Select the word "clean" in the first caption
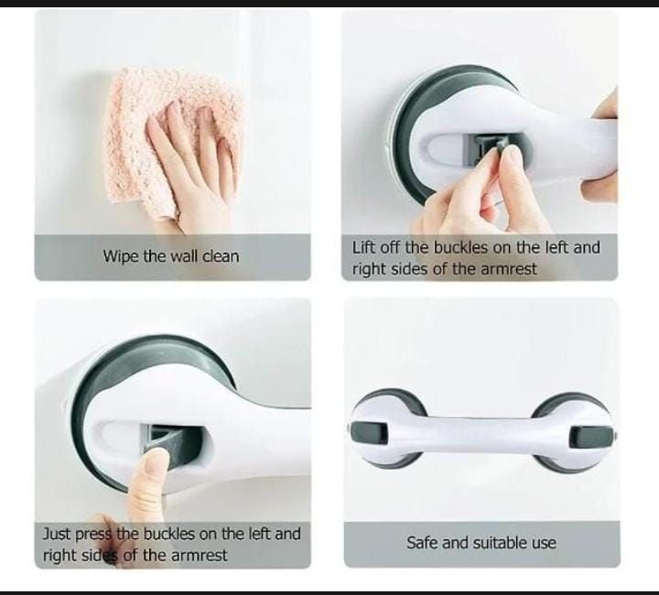pyautogui.click(x=219, y=256)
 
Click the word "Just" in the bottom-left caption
pyautogui.click(x=58, y=533)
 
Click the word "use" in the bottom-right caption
pyautogui.click(x=543, y=543)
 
